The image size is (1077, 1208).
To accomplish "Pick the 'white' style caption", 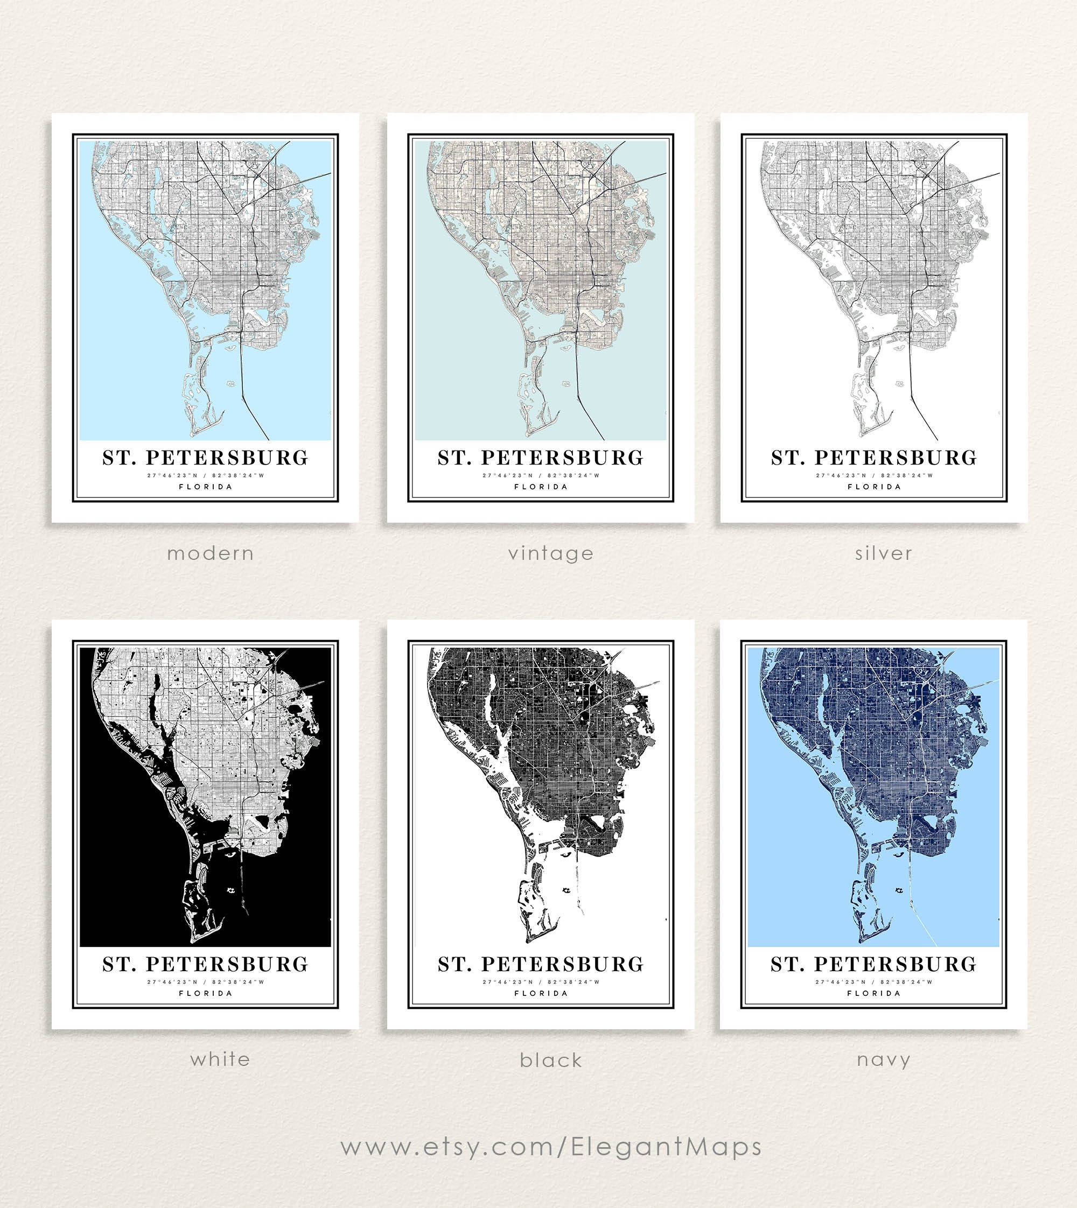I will coord(220,1059).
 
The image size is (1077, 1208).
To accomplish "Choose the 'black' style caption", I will coord(551,1060).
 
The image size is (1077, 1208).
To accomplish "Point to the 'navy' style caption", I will coord(883,1059).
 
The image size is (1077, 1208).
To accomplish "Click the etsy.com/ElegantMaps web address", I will coord(551,1147).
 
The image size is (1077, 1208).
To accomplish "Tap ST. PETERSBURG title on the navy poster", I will coord(873,964).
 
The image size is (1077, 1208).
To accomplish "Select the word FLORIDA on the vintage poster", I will coord(541,487).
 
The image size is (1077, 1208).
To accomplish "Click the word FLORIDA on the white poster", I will coord(205,993).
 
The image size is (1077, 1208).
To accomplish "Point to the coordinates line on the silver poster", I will coord(874,475).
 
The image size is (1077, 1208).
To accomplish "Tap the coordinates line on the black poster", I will coord(541,982).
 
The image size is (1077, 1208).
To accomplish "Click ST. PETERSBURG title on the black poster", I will coord(541,964).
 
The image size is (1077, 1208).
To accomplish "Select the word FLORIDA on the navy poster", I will coord(873,993).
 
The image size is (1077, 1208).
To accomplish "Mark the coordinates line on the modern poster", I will coord(205,475).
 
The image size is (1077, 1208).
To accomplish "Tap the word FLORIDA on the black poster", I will coord(541,993).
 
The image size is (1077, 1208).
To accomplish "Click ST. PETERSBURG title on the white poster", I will coord(205,964).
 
